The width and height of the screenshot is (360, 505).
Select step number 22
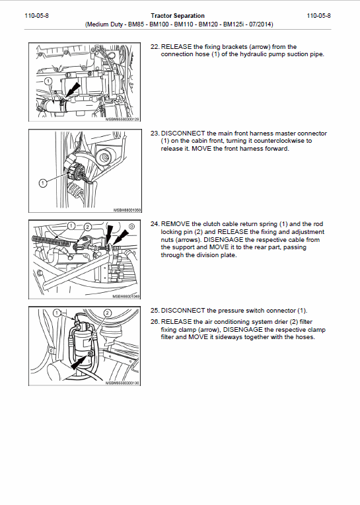coord(155,47)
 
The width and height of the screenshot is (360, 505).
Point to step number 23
coord(155,133)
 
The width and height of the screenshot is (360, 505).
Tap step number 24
coord(155,224)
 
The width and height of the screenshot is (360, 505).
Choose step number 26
coord(155,321)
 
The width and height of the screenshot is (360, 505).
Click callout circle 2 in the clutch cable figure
coord(87,227)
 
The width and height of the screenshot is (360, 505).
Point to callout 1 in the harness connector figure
coord(42,182)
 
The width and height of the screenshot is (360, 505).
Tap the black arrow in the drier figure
coord(78,362)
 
